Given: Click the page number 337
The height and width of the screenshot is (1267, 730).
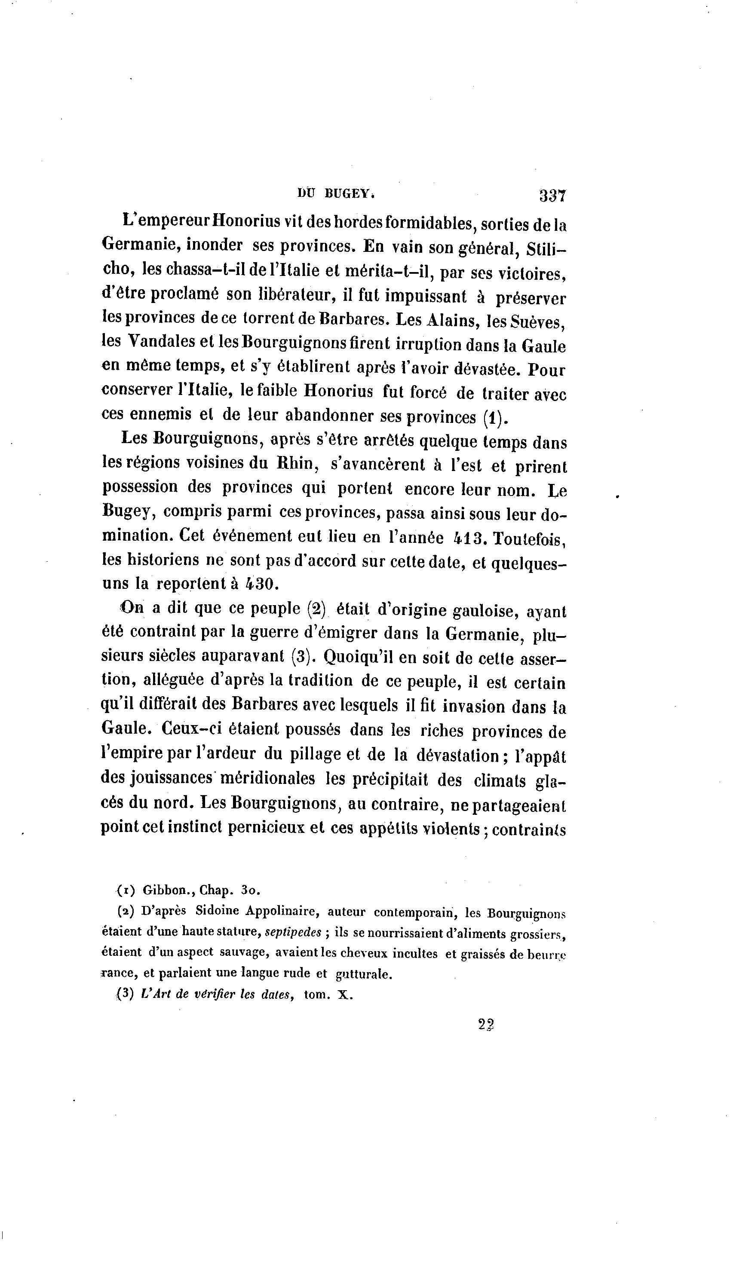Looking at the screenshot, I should (x=552, y=196).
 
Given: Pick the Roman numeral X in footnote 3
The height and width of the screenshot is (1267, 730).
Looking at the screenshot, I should (x=344, y=995).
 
